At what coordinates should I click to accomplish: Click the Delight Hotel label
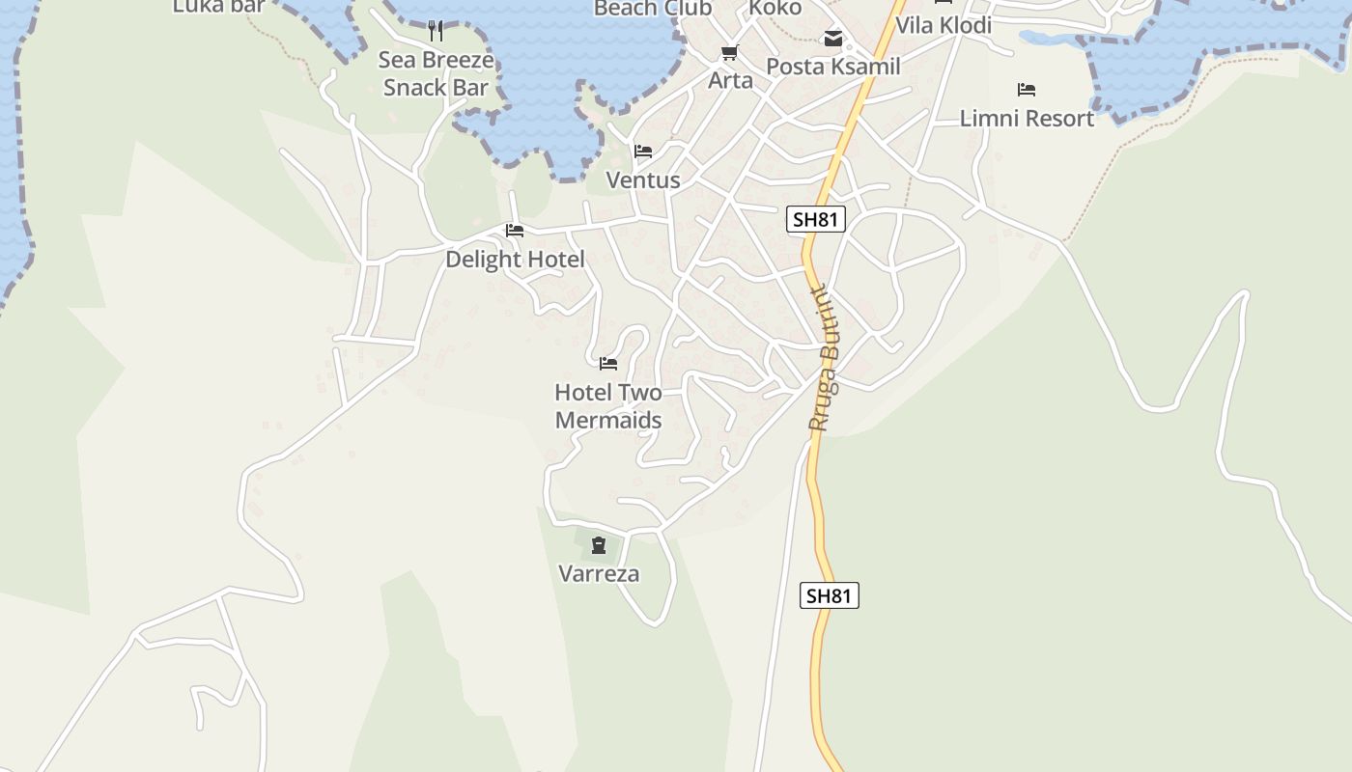[515, 260]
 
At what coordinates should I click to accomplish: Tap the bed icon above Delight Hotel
[515, 231]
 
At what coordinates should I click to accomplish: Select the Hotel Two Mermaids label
[608, 406]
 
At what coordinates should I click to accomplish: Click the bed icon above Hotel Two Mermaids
[608, 364]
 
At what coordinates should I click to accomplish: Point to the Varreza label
[599, 574]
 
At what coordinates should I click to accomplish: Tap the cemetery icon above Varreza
[599, 546]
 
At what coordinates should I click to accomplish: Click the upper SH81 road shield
[815, 220]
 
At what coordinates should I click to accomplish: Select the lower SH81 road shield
[830, 595]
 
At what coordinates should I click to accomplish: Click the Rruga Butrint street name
[825, 358]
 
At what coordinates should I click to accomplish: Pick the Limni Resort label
[1027, 119]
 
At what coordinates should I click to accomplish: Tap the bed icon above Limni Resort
[1027, 91]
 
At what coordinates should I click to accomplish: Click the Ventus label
[643, 180]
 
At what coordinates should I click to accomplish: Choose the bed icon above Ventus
[643, 152]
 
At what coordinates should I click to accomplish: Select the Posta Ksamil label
[832, 67]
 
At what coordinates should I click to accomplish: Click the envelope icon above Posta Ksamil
[832, 40]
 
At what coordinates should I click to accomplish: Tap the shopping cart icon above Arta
[730, 53]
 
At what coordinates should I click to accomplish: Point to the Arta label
[730, 81]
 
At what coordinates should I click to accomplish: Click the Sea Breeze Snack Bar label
[436, 73]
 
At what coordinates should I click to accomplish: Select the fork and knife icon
[436, 31]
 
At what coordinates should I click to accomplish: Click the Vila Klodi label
[944, 26]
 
